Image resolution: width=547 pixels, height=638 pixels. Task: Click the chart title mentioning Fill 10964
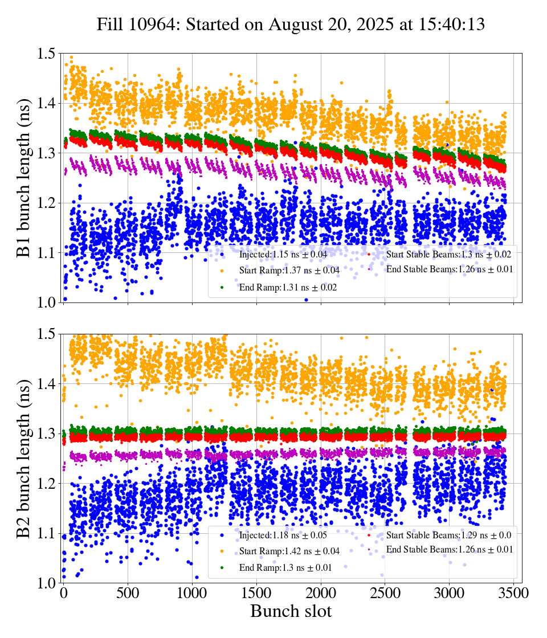[x=291, y=24]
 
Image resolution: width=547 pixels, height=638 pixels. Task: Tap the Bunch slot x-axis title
[x=291, y=612]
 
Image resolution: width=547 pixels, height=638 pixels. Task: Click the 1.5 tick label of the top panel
[x=47, y=54]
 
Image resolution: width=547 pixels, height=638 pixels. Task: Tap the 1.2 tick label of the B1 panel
[x=47, y=203]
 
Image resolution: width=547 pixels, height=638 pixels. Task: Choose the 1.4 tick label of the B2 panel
[x=47, y=384]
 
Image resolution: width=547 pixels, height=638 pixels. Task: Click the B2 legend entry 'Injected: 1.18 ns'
[x=281, y=535]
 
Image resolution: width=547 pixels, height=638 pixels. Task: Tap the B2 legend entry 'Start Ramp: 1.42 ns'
[x=289, y=551]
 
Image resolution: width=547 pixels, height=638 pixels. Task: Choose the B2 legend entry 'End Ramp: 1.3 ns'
[x=285, y=568]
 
